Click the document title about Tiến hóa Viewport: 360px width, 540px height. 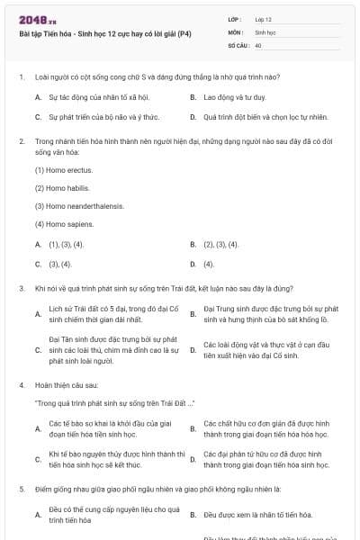click(104, 34)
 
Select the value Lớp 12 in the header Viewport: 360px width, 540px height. click(264, 18)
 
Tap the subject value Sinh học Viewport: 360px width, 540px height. click(265, 31)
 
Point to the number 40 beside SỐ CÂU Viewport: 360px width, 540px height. click(258, 44)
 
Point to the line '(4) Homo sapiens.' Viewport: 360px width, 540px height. click(64, 224)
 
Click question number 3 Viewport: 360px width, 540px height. click(22, 288)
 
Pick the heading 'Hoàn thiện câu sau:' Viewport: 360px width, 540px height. click(66, 384)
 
